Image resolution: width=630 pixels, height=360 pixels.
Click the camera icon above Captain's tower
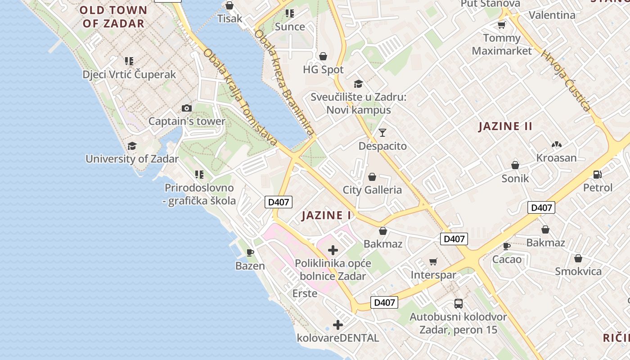[186, 108]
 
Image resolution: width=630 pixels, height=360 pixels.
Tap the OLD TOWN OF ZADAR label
[113, 17]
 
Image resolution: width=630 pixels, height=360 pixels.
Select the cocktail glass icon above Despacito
[382, 132]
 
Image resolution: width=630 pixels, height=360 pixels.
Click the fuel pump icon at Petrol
[598, 174]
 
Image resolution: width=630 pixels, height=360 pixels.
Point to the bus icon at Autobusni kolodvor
[458, 303]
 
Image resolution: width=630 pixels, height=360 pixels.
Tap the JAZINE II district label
[505, 126]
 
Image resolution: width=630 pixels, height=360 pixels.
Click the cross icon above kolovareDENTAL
[338, 324]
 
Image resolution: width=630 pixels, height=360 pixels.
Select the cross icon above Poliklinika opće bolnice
[333, 250]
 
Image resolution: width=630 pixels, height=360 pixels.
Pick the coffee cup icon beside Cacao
[507, 246]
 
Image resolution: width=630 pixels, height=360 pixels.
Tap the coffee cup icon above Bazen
[250, 252]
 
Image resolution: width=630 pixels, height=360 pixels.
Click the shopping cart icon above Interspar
[433, 261]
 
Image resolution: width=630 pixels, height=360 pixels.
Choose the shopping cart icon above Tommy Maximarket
[501, 25]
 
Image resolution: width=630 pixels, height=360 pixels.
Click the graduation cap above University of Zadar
[132, 146]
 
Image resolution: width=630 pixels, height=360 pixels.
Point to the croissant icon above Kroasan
[556, 144]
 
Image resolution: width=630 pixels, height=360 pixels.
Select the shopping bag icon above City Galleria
[372, 177]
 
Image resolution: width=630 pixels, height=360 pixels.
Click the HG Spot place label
[323, 70]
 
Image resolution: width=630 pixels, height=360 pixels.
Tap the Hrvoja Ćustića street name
[566, 81]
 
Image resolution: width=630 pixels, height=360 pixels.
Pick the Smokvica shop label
[578, 271]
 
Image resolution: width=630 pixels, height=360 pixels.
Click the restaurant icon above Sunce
[290, 13]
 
